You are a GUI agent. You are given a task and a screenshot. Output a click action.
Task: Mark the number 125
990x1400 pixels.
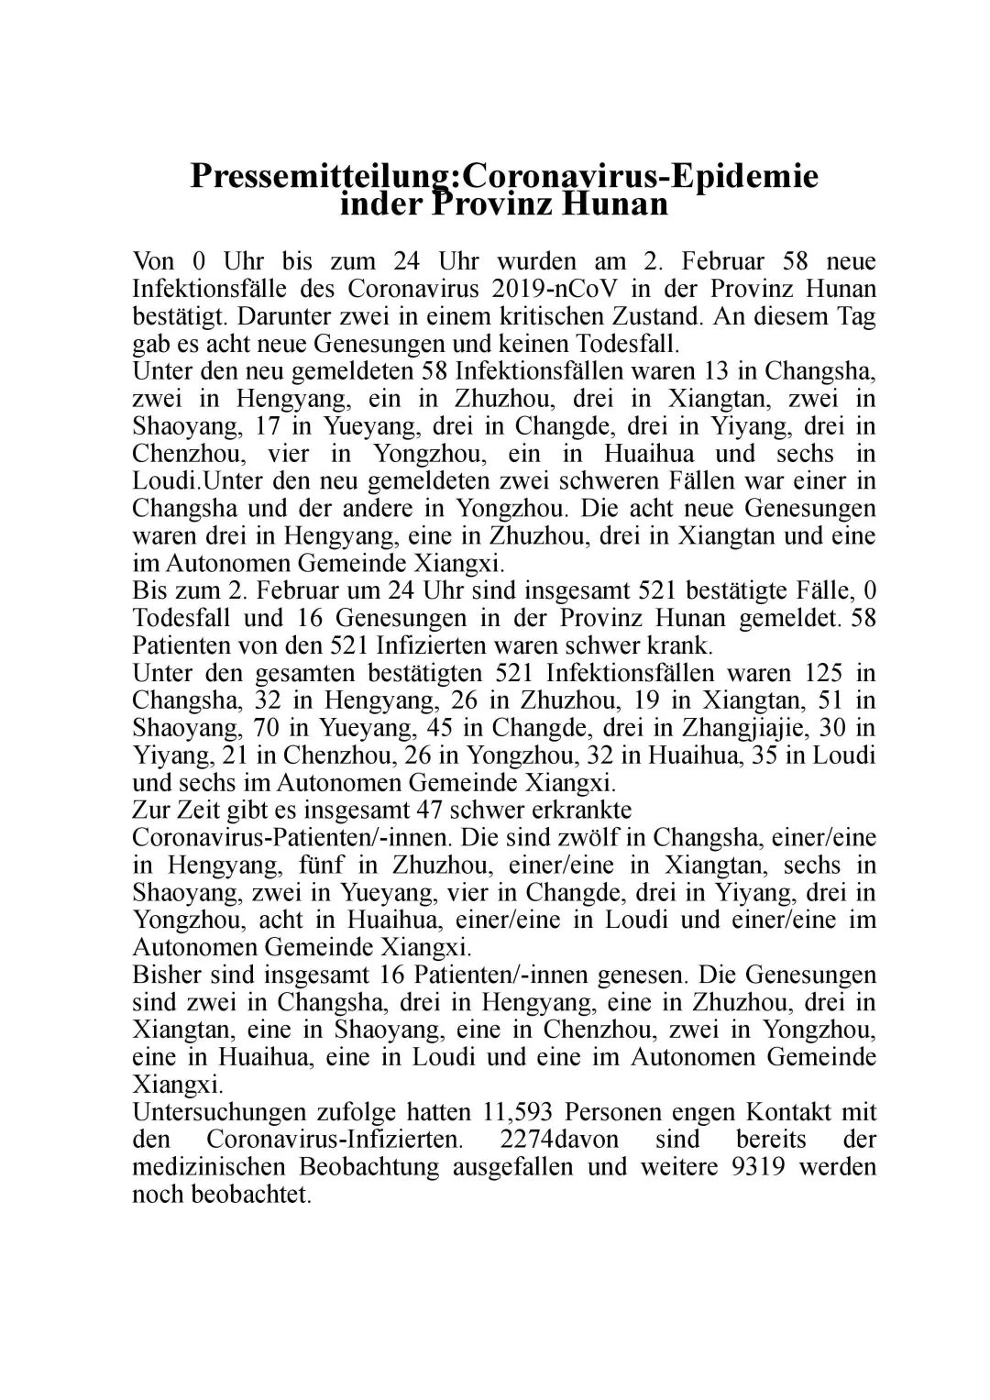(x=807, y=673)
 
